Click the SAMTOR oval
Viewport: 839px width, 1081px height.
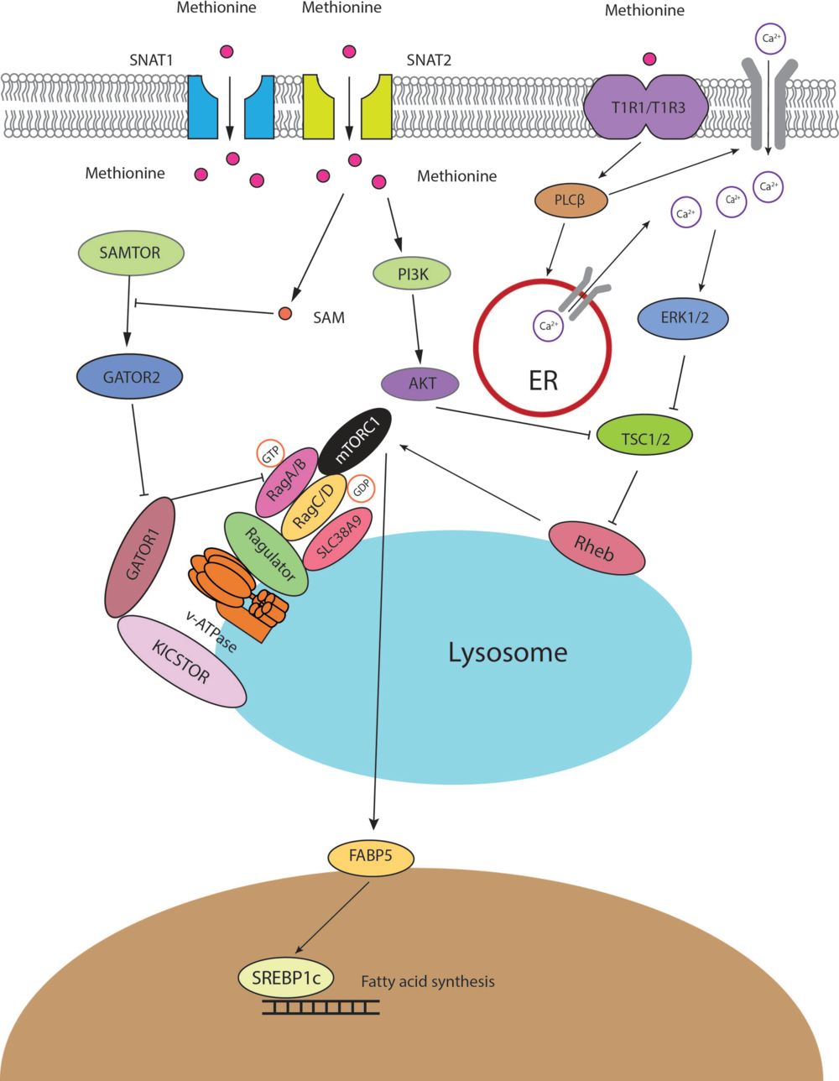pyautogui.click(x=130, y=253)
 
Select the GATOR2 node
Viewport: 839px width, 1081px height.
pyautogui.click(x=131, y=378)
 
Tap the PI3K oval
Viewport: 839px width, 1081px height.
pyautogui.click(x=413, y=274)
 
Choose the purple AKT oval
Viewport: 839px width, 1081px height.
pyautogui.click(x=421, y=384)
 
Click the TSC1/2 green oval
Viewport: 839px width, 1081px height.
pyautogui.click(x=644, y=438)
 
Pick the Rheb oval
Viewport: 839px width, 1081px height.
pyautogui.click(x=596, y=548)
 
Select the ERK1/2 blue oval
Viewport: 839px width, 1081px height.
pyautogui.click(x=683, y=318)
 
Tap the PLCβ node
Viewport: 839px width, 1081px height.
pyautogui.click(x=570, y=201)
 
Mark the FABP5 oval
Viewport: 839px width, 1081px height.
pyautogui.click(x=371, y=858)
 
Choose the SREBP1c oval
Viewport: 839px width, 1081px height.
pyautogui.click(x=285, y=978)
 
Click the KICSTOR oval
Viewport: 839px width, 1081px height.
pyautogui.click(x=181, y=661)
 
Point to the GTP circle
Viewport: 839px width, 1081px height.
pyautogui.click(x=270, y=454)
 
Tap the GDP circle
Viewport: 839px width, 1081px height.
pyautogui.click(x=362, y=488)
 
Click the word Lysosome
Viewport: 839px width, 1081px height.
pyautogui.click(x=508, y=652)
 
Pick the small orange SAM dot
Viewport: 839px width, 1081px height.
pyautogui.click(x=284, y=314)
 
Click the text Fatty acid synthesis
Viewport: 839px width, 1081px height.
pyautogui.click(x=428, y=981)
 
